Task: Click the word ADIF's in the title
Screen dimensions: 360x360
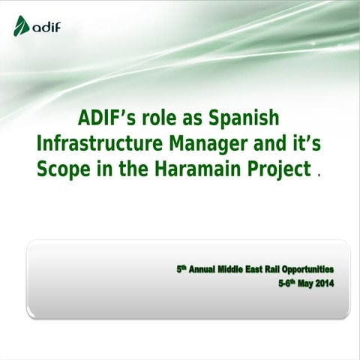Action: click(106, 120)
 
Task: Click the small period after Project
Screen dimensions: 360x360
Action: click(320, 175)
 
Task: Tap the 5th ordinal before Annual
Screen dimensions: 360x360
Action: click(181, 267)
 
